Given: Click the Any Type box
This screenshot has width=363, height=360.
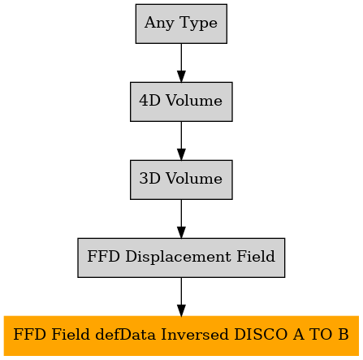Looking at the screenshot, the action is [181, 24].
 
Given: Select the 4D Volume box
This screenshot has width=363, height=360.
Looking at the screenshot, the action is [181, 102].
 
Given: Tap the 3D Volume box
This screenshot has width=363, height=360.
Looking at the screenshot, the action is [181, 180].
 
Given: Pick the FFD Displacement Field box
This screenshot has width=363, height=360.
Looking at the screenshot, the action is [181, 258].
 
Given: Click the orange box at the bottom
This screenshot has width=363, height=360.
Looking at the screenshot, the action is [181, 336].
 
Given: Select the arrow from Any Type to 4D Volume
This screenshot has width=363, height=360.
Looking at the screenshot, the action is [181, 63].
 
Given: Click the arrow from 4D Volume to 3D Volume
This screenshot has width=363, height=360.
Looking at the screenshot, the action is [181, 141].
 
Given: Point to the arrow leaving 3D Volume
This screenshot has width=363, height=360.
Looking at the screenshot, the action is [181, 219].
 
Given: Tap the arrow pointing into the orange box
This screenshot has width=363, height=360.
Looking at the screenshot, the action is [181, 297].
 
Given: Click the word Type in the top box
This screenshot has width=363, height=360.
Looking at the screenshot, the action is [198, 24].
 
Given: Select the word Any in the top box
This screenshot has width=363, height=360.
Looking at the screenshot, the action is [159, 24].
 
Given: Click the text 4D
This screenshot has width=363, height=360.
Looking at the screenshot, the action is [149, 101].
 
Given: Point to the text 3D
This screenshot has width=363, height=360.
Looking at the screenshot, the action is [149, 179].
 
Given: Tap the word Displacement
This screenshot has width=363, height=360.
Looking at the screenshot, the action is [179, 257].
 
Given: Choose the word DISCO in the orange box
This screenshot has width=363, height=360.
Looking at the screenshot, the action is [261, 335].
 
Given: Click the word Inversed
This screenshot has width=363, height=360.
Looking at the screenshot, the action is [195, 335].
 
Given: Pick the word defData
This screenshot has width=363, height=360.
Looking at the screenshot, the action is [126, 334].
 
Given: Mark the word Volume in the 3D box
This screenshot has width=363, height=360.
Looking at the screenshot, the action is [194, 179].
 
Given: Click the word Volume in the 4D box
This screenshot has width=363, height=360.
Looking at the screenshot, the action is [194, 101].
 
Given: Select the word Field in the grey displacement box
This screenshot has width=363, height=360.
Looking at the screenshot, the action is [256, 256].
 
